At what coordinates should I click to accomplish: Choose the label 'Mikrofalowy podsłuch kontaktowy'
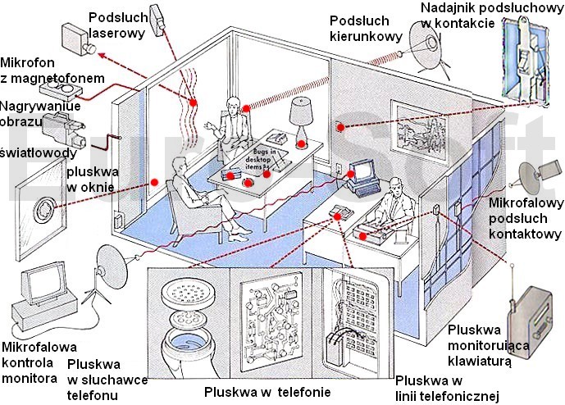click(523, 217)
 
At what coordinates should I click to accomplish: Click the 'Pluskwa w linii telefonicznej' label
click(447, 389)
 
